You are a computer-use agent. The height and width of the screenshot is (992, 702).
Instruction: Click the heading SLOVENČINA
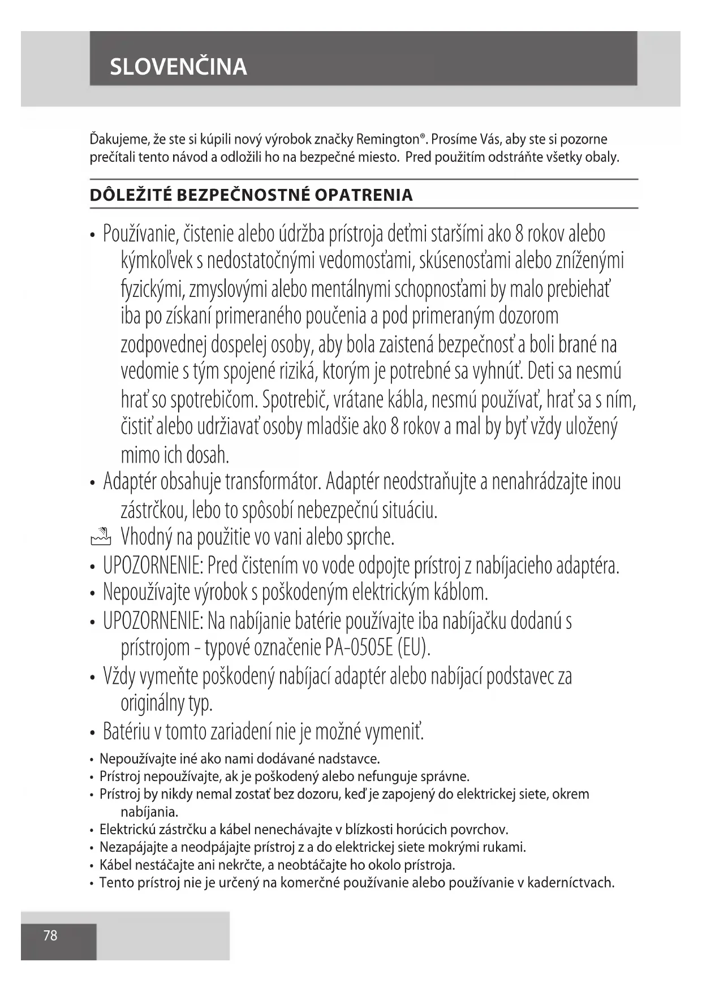[x=178, y=67]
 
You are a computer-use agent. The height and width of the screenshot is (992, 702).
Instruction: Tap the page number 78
[x=50, y=935]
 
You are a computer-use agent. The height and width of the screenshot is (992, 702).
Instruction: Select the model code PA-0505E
[x=359, y=648]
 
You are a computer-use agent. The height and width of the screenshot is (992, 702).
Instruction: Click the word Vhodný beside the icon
[x=146, y=537]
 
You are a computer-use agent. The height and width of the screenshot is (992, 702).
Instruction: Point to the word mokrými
[x=501, y=847]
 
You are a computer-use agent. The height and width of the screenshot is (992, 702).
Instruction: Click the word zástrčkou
[x=154, y=511]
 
